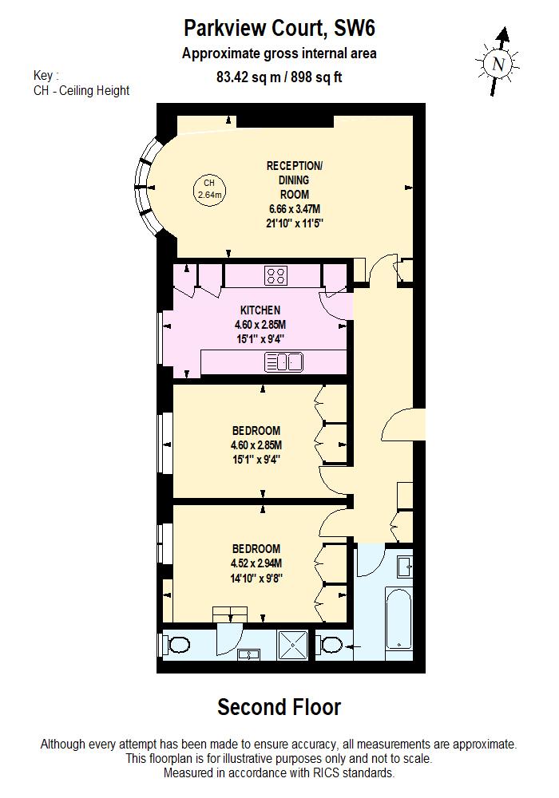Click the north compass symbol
tap(498, 62)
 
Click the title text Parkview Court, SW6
tap(279, 29)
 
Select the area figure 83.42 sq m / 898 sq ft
tap(279, 77)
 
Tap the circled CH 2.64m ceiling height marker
tap(210, 189)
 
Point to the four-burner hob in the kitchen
tap(276, 276)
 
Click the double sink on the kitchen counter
tap(283, 363)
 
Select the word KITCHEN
tap(260, 310)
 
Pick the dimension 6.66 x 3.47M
tap(295, 209)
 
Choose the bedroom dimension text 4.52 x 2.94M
tap(256, 563)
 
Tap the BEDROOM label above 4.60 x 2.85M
tap(256, 431)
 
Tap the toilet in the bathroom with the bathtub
tap(330, 643)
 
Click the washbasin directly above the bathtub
tap(404, 564)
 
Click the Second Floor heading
tap(279, 707)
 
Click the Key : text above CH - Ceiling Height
tap(46, 76)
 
